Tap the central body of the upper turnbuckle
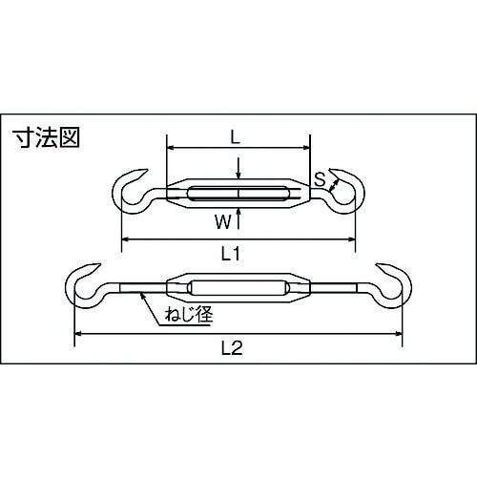[238, 195]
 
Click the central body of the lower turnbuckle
[238, 287]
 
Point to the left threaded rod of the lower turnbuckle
[138, 287]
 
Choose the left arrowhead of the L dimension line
[172, 149]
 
